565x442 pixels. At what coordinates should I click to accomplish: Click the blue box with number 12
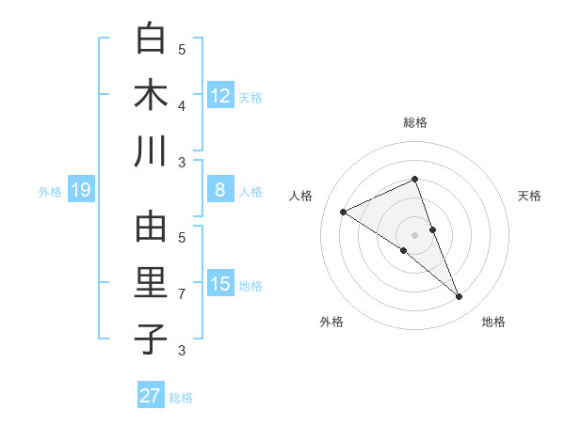pyautogui.click(x=220, y=95)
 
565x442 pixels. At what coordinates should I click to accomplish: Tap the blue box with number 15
pyautogui.click(x=220, y=285)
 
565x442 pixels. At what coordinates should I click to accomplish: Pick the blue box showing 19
pyautogui.click(x=80, y=191)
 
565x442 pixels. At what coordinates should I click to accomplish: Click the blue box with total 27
pyautogui.click(x=151, y=396)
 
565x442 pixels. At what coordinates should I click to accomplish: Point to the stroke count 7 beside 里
pyautogui.click(x=182, y=294)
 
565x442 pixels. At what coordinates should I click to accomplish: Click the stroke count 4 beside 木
pyautogui.click(x=182, y=106)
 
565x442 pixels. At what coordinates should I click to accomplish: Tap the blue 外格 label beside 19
pyautogui.click(x=50, y=192)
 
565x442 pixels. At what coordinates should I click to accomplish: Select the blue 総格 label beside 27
pyautogui.click(x=181, y=398)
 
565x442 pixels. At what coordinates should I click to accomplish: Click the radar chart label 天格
pyautogui.click(x=530, y=196)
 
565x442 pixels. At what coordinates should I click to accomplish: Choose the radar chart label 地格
pyautogui.click(x=493, y=322)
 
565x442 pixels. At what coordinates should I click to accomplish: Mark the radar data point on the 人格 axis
pyautogui.click(x=343, y=213)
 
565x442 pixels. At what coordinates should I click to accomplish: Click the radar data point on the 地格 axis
pyautogui.click(x=460, y=297)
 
